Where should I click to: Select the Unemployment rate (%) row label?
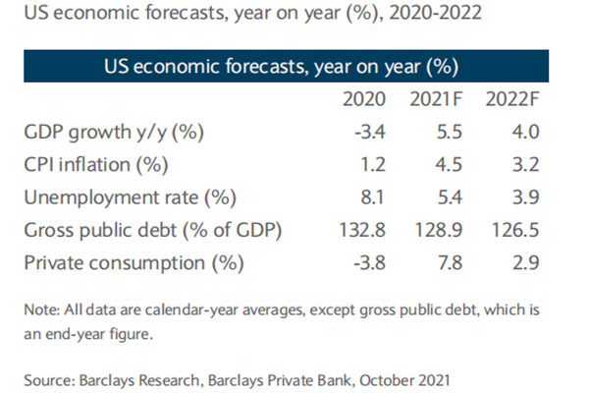click(x=134, y=196)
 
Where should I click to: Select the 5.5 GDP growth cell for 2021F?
click(x=444, y=131)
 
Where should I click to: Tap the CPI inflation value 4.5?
click(x=444, y=163)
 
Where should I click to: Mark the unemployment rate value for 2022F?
click(x=516, y=196)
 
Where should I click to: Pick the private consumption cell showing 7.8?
click(x=444, y=263)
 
